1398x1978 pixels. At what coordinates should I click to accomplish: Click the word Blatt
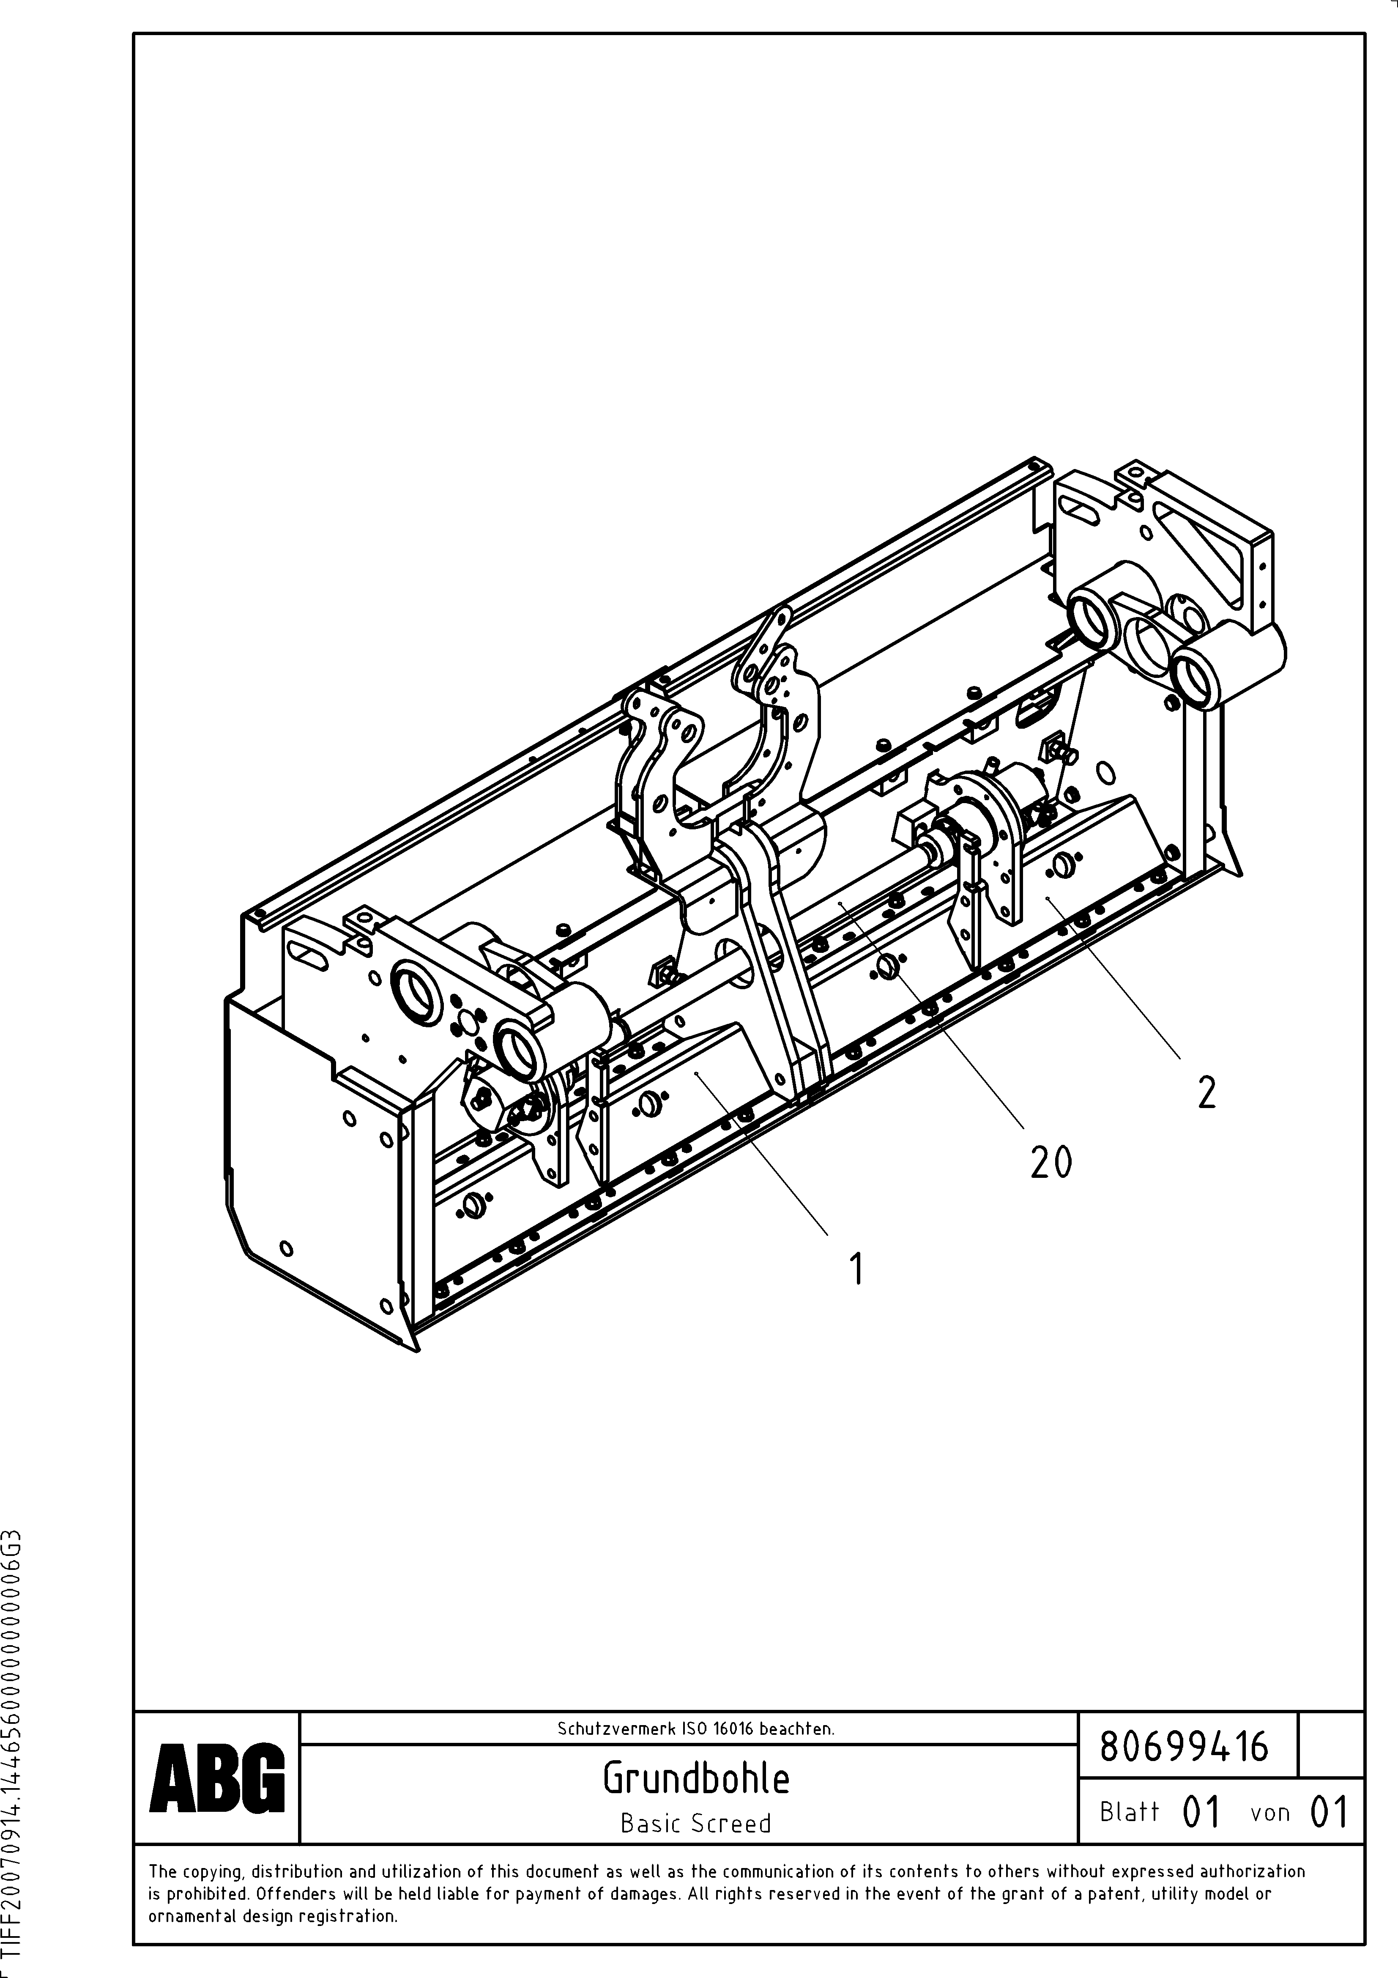(1129, 1812)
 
